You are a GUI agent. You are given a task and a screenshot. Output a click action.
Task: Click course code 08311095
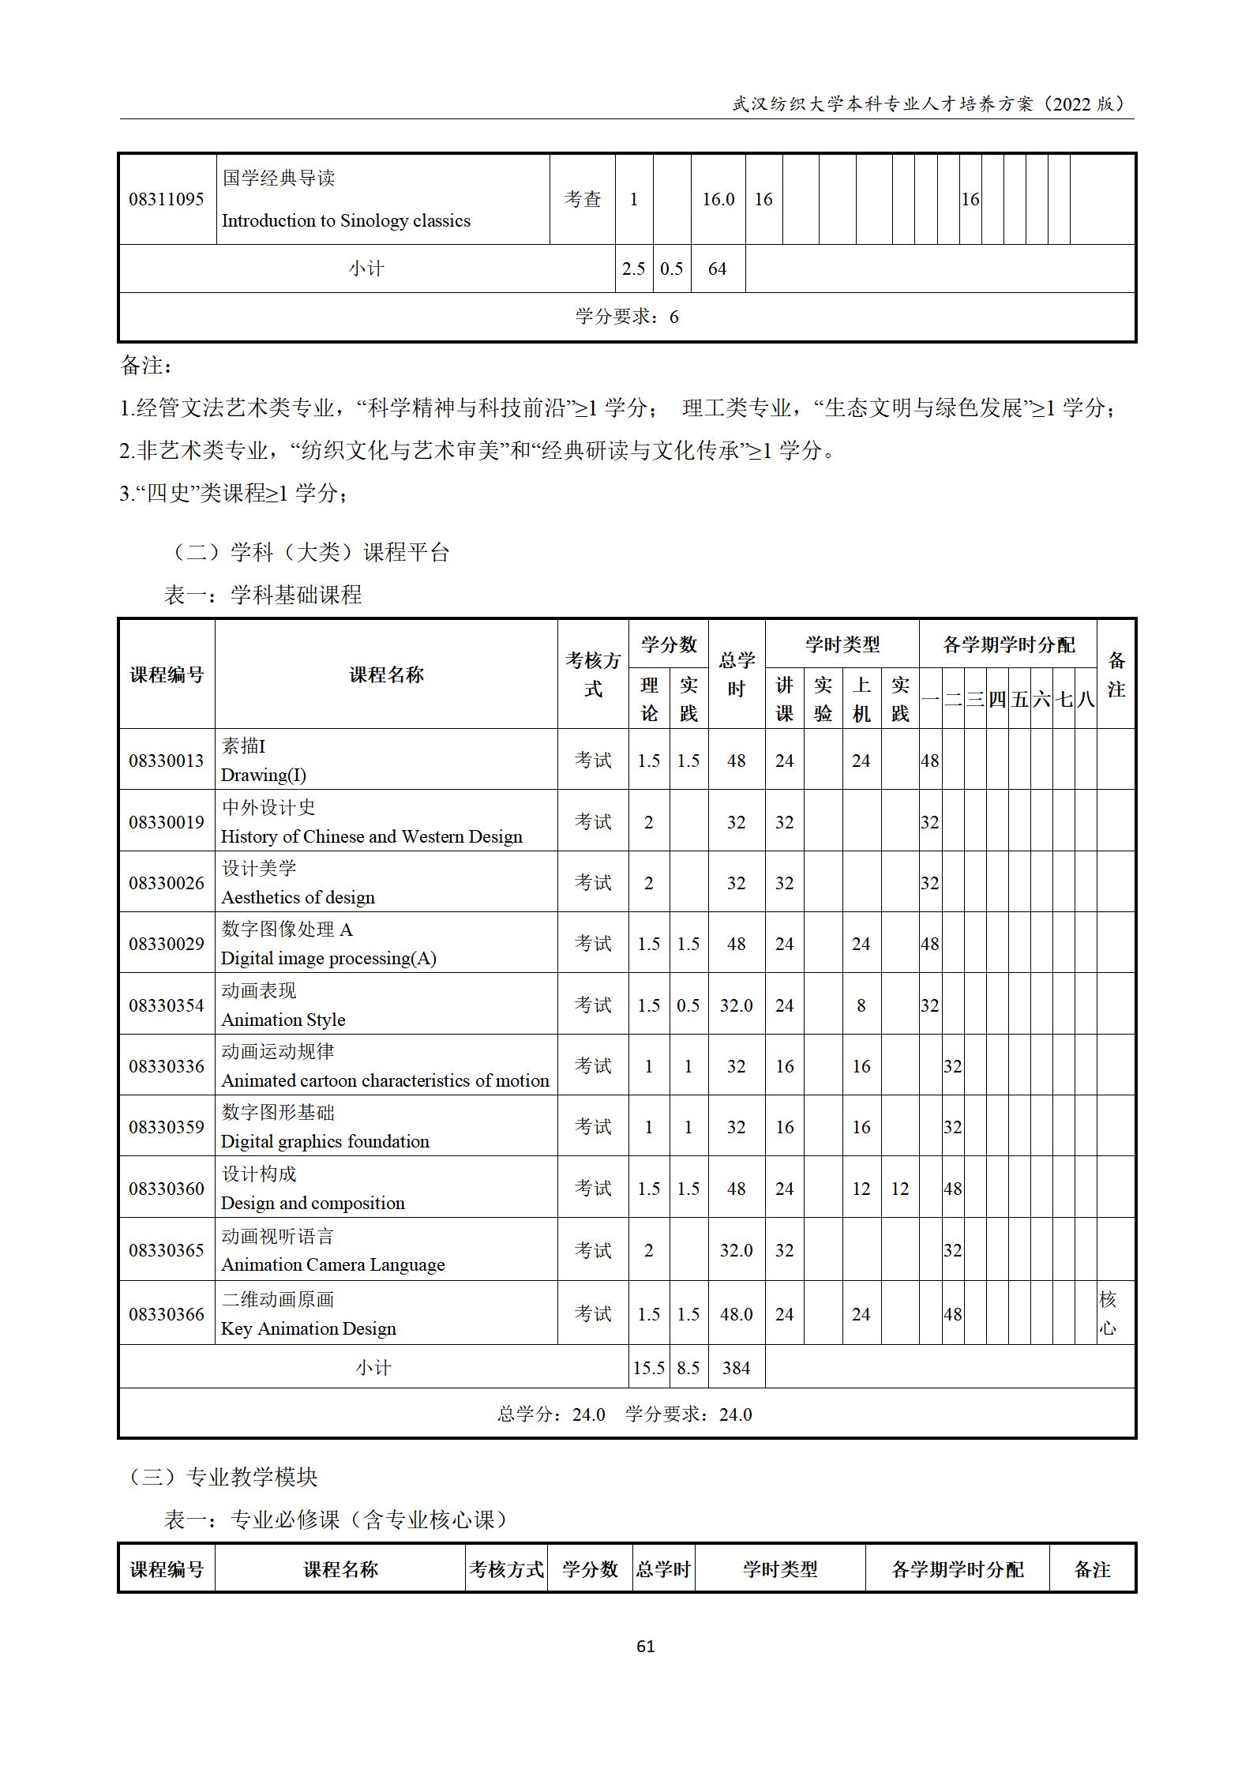[167, 199]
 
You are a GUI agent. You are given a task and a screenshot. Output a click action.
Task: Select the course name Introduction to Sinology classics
[346, 220]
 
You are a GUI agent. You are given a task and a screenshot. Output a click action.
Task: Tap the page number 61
[645, 1647]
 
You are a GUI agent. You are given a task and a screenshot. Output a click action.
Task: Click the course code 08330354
[167, 1005]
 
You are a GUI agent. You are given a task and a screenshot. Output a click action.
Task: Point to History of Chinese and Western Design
[371, 836]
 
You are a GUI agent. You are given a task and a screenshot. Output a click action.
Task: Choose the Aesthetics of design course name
[298, 897]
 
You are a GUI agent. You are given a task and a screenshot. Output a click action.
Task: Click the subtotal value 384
[736, 1368]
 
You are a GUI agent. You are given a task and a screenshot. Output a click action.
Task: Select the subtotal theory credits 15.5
[648, 1368]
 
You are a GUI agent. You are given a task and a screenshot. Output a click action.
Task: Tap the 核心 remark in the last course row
[1108, 1314]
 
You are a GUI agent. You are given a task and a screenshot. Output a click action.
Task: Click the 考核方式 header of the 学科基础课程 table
[593, 674]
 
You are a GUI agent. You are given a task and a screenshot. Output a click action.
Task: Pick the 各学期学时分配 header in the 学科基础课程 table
[1008, 645]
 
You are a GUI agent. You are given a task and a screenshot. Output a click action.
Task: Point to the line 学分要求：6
[627, 317]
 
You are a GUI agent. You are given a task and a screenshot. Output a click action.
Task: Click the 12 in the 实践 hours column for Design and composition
[900, 1189]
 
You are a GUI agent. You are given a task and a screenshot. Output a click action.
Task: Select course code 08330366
[167, 1314]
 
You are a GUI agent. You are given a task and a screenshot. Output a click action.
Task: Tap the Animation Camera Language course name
[332, 1264]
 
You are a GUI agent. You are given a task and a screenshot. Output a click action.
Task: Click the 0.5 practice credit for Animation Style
[688, 1005]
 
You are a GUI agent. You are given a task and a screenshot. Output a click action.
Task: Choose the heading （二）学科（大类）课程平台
[309, 552]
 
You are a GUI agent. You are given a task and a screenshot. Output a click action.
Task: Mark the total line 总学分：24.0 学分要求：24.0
[625, 1414]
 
